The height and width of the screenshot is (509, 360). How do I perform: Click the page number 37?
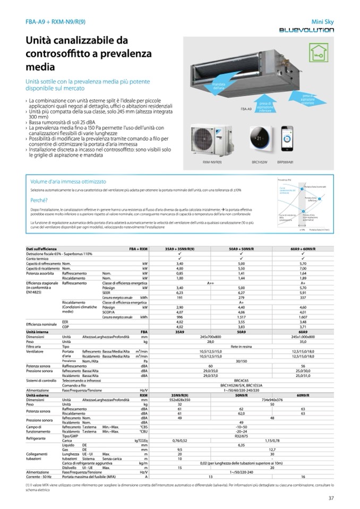pos(331,497)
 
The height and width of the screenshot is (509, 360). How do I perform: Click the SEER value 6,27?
pos(241,292)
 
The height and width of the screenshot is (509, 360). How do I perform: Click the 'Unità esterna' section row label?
pos(37,395)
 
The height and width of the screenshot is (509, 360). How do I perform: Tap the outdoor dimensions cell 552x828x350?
pos(179,400)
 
